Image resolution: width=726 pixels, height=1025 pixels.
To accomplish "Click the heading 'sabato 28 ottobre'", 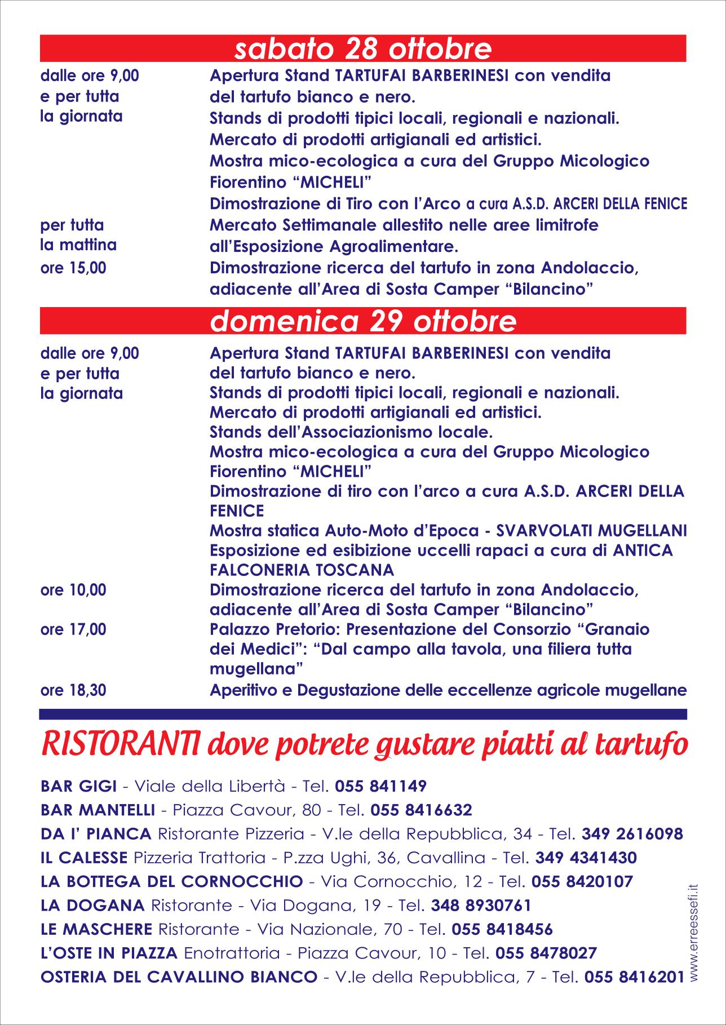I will [363, 49].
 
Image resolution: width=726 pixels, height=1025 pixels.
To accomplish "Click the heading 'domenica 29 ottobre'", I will [363, 321].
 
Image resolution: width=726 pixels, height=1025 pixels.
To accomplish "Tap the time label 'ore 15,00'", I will [73, 268].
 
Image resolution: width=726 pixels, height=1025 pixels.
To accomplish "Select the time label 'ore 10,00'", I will [73, 591].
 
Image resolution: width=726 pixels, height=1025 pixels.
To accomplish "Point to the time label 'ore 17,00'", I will [73, 629].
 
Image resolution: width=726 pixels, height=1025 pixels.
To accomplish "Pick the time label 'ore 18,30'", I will [73, 690].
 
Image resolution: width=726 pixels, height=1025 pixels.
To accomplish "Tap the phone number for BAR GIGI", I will [380, 786].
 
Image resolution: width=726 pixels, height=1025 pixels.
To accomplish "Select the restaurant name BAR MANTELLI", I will [98, 810].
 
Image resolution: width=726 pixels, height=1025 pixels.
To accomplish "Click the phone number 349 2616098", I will [632, 834].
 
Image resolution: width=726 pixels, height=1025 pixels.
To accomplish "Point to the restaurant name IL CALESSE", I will [84, 858].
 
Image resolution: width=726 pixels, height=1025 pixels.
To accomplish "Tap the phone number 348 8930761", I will [481, 906].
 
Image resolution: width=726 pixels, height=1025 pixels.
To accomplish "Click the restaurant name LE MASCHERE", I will [96, 929].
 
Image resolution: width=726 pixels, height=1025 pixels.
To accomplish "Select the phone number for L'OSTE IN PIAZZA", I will [546, 953].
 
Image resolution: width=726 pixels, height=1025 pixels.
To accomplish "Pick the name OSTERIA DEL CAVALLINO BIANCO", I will [179, 977].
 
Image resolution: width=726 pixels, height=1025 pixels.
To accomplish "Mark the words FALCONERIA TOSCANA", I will [302, 570].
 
